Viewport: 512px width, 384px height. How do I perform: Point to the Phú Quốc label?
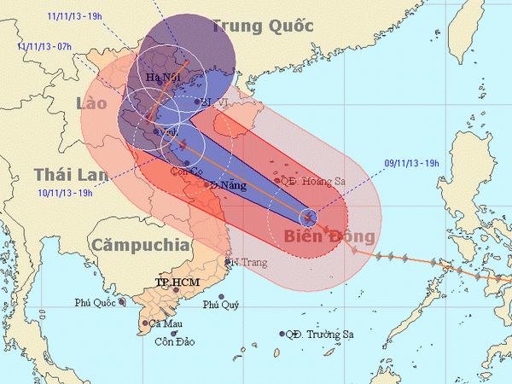[95, 302]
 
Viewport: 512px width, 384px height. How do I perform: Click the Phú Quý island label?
[219, 305]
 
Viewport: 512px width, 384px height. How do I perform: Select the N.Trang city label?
[241, 262]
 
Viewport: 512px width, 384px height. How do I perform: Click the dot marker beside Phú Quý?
[220, 297]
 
